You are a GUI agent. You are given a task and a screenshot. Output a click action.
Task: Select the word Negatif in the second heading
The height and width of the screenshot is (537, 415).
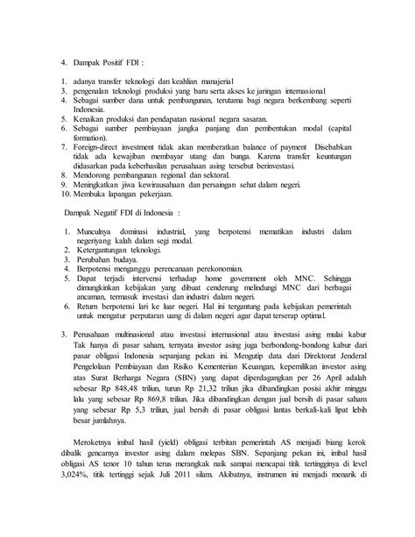(x=105, y=211)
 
